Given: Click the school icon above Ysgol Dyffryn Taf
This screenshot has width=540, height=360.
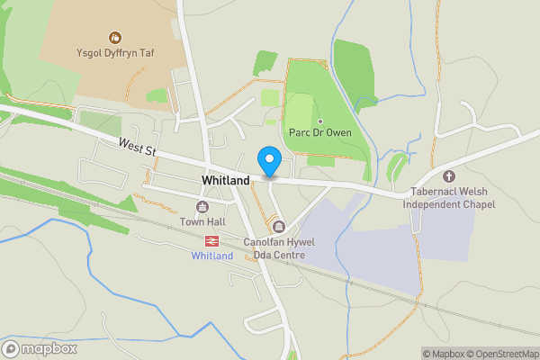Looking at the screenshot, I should [115, 38].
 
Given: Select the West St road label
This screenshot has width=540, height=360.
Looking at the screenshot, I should [137, 147].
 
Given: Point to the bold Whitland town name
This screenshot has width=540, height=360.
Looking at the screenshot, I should [225, 181].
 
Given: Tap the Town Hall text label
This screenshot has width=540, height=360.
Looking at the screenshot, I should [202, 222].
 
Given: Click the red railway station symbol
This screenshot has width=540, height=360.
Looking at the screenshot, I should [211, 240].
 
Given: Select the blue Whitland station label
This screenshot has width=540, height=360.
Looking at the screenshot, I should [211, 256].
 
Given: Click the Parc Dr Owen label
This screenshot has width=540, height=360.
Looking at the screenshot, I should [319, 133].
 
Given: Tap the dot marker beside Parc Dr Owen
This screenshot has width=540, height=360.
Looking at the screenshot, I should [319, 121].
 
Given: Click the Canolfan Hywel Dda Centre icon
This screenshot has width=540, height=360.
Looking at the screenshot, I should [279, 227].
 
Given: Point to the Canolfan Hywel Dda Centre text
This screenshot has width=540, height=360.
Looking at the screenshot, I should [275, 248].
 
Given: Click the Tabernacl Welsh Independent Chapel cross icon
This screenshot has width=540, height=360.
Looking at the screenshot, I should [449, 175].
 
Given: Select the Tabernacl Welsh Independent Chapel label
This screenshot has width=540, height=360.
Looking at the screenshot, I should [449, 196].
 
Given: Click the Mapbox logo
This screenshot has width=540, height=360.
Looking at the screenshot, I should [40, 348].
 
